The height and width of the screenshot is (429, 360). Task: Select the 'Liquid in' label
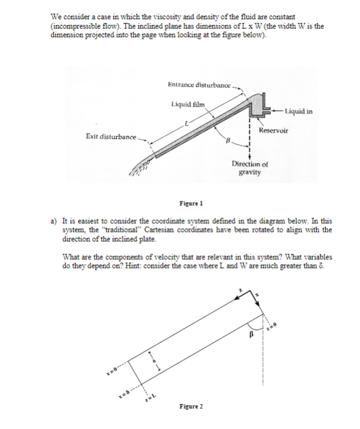coord(299,112)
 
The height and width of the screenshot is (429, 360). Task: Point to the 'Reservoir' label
coord(273,131)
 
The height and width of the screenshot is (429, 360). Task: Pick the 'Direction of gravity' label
coord(249,168)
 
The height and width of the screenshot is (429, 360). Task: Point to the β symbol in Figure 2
coord(250,340)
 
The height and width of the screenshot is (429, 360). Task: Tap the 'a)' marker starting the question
coord(55,221)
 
